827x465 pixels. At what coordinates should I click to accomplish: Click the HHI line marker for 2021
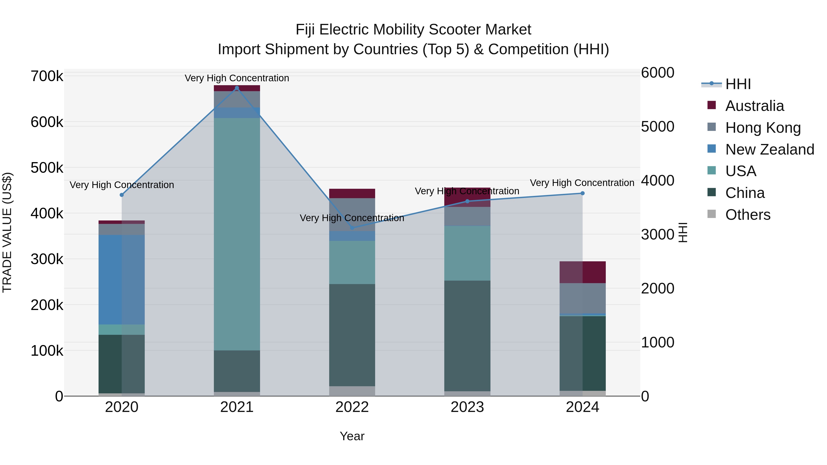click(237, 88)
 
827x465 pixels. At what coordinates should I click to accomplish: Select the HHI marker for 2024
click(582, 193)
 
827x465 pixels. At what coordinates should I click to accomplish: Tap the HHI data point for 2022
click(352, 228)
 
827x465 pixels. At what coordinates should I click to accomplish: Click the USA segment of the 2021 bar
click(237, 234)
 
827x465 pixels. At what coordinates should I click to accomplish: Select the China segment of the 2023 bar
click(467, 335)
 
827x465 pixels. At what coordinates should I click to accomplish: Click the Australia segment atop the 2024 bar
click(582, 272)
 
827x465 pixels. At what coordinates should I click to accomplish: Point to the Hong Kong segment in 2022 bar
click(352, 214)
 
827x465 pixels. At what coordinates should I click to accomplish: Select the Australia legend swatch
click(711, 105)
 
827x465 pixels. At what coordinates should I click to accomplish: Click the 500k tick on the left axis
click(47, 168)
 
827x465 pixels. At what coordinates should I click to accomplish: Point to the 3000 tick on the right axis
click(657, 235)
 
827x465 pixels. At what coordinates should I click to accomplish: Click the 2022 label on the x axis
click(352, 407)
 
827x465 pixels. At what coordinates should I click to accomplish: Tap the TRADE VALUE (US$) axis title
click(7, 232)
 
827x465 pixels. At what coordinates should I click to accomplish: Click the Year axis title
click(352, 436)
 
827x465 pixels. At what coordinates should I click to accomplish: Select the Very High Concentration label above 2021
click(237, 78)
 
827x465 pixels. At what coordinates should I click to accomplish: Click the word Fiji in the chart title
click(305, 30)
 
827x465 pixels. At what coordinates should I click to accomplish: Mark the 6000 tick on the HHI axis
click(657, 73)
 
